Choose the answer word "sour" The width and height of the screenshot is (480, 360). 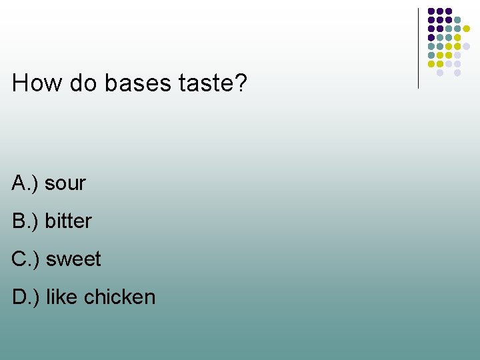pyautogui.click(x=65, y=183)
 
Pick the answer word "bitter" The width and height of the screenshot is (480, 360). pyautogui.click(x=68, y=221)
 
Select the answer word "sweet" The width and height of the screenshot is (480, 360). pyautogui.click(x=73, y=259)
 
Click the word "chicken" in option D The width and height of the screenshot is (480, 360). pyautogui.click(x=120, y=297)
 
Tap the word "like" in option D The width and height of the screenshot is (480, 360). pyautogui.click(x=62, y=297)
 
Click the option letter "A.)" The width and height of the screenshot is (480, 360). pyautogui.click(x=25, y=183)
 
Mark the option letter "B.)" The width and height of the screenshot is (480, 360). pyautogui.click(x=25, y=221)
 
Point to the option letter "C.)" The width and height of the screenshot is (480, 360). pyautogui.click(x=26, y=259)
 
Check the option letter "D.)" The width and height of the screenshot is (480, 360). pyautogui.click(x=26, y=297)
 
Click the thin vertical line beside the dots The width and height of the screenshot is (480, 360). pyautogui.click(x=419, y=47)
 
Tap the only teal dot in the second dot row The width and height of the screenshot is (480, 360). pyautogui.click(x=457, y=19)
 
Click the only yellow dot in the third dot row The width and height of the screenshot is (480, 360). pyautogui.click(x=467, y=29)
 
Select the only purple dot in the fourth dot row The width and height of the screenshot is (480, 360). pyautogui.click(x=431, y=37)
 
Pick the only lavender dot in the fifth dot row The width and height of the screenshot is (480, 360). pyautogui.click(x=467, y=46)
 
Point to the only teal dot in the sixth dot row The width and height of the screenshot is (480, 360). pyautogui.click(x=431, y=55)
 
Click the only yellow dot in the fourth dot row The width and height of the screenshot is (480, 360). pyautogui.click(x=457, y=37)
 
